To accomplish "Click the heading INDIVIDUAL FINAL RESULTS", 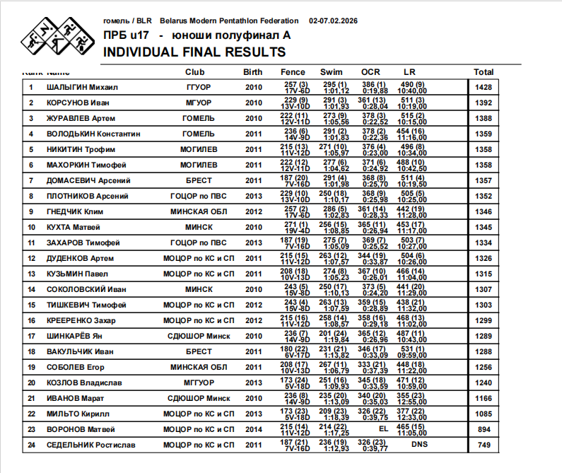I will coord(194,52).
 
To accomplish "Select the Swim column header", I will coord(331,72).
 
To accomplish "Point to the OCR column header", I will coord(370,72).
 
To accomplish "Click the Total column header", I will coord(484,72).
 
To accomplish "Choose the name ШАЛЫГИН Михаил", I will coord(82,88).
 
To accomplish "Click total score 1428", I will coord(484,88).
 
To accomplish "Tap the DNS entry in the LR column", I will coord(419,445).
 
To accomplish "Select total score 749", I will coord(484,445).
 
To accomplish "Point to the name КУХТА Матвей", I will coord(74,228).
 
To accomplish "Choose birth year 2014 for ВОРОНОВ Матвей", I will coord(253,429).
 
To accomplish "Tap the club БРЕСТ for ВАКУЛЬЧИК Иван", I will coord(199,351).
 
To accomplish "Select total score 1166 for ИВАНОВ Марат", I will coord(484,399).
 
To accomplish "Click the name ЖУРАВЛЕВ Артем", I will coord(81,119).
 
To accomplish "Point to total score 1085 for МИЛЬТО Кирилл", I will coord(484,414).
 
